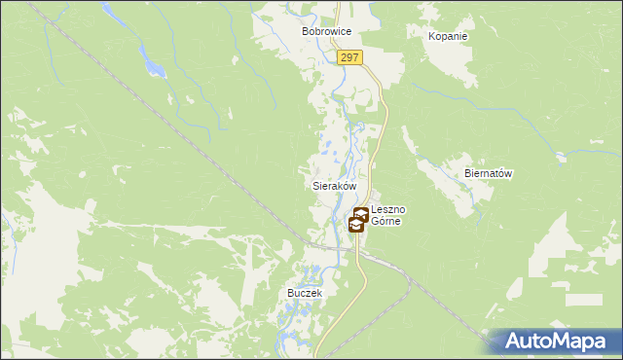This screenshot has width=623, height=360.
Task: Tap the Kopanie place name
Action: pyautogui.click(x=448, y=36)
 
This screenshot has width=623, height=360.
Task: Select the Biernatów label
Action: pyautogui.click(x=489, y=173)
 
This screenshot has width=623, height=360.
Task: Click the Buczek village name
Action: pyautogui.click(x=305, y=292)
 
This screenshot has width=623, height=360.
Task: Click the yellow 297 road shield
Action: pyautogui.click(x=351, y=58)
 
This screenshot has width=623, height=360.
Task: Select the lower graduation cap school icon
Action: pyautogui.click(x=356, y=226)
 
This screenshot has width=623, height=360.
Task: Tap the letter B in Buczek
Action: pyautogui.click(x=290, y=292)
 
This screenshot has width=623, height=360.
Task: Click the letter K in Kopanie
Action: pyautogui.click(x=432, y=36)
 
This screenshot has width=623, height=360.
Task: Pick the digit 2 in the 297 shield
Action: pyautogui.click(x=346, y=58)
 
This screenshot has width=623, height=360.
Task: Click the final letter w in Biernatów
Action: pyautogui.click(x=508, y=173)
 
